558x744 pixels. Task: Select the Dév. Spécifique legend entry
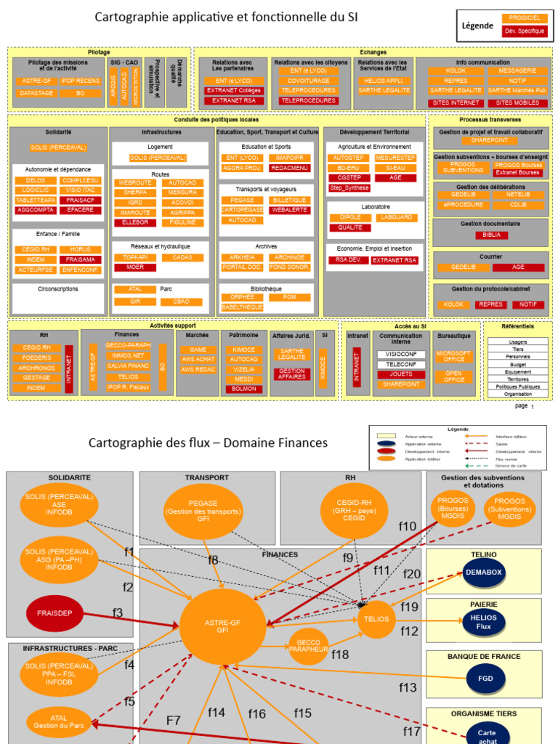pyautogui.click(x=525, y=31)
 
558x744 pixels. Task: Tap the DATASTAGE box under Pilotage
pyautogui.click(x=36, y=93)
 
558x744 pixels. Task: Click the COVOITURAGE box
pyautogui.click(x=308, y=81)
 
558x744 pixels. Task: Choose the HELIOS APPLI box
pyautogui.click(x=384, y=81)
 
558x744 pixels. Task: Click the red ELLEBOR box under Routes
pyautogui.click(x=134, y=222)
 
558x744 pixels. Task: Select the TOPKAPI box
pyautogui.click(x=135, y=257)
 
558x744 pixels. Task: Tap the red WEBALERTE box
pyautogui.click(x=290, y=210)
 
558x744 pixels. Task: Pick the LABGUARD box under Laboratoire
pyautogui.click(x=396, y=217)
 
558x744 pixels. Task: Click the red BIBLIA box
pyautogui.click(x=491, y=235)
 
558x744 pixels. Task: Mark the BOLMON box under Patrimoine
pyautogui.click(x=243, y=389)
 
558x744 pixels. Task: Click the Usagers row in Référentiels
pyautogui.click(x=518, y=341)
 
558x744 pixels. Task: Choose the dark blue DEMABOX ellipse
pyautogui.click(x=483, y=572)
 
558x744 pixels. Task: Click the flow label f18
pyautogui.click(x=340, y=655)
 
